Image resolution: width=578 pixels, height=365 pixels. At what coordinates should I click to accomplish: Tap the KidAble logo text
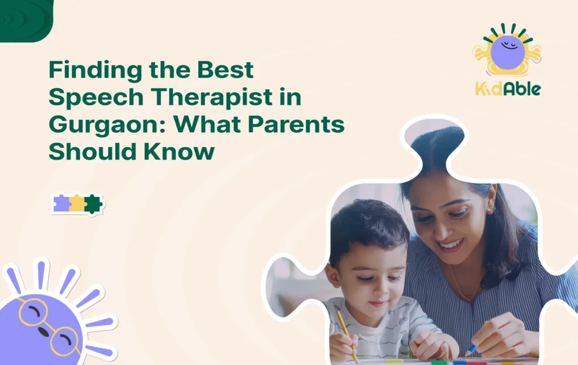pyautogui.click(x=507, y=88)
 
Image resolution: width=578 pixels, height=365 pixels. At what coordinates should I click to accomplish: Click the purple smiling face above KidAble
pyautogui.click(x=507, y=51)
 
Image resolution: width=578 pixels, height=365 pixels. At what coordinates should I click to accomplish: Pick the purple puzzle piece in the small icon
pyautogui.click(x=61, y=203)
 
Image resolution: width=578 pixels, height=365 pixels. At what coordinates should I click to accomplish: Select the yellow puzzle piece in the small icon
pyautogui.click(x=77, y=203)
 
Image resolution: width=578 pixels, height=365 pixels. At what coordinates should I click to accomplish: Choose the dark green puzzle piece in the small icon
pyautogui.click(x=93, y=203)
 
